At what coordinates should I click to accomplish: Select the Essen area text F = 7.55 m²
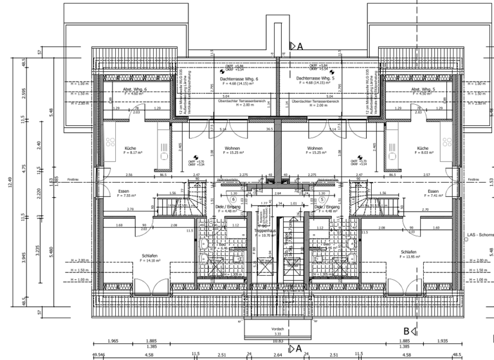tap(123, 195)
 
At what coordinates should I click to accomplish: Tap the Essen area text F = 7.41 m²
tap(432, 195)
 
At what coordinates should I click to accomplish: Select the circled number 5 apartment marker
tap(322, 200)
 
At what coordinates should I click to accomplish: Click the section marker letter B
tap(406, 331)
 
